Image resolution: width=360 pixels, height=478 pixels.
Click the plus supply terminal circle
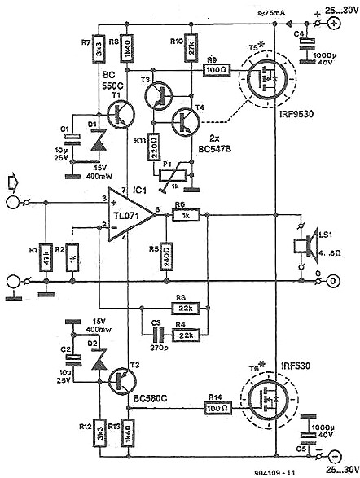point(333,24)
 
